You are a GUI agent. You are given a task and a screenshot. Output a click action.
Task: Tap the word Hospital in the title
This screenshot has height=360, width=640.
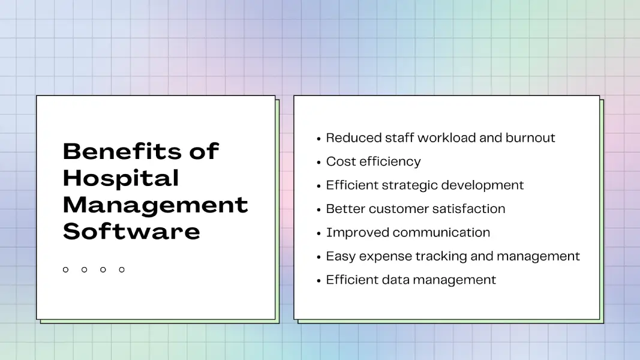point(121,178)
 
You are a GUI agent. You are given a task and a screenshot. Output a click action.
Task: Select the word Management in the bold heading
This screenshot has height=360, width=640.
point(155,205)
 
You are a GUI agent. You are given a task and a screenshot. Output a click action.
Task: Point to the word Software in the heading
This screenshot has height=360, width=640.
point(131,231)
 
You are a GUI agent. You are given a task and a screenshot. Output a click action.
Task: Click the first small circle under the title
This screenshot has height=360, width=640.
point(65,270)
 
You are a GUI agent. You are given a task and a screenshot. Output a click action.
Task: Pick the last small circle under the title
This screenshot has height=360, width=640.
point(122,270)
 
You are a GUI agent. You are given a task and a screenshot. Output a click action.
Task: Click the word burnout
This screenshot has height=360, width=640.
point(530,138)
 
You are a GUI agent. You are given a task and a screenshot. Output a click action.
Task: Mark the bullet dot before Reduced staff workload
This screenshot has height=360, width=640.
point(319,139)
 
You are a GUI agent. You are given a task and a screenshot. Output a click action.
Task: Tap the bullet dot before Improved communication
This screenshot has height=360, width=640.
point(319,233)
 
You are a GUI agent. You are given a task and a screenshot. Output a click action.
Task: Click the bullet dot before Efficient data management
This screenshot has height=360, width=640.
point(319,280)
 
